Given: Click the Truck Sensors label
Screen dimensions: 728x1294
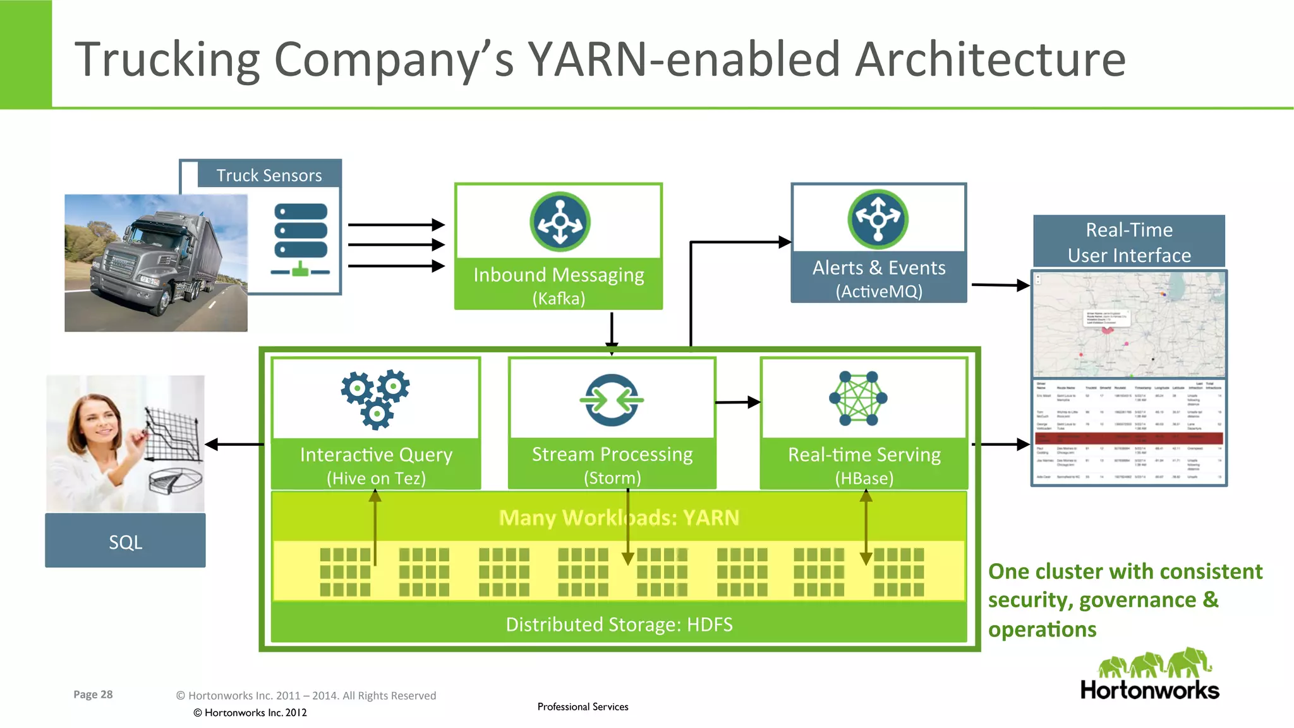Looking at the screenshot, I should [x=269, y=176].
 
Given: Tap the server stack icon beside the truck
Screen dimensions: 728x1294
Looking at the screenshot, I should [x=301, y=239].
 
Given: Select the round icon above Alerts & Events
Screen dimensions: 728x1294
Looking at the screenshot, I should [x=878, y=219].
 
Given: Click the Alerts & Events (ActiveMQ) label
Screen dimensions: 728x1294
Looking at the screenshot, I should [x=879, y=278].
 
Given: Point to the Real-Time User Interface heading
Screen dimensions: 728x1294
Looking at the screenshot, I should [x=1129, y=242].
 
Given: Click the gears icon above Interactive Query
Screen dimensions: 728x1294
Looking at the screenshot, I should [x=376, y=398].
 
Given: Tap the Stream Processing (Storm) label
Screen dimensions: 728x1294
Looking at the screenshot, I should [x=612, y=465].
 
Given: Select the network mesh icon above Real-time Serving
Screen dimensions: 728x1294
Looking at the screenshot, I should [x=858, y=398].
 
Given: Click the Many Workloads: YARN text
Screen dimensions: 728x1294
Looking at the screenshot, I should [x=619, y=518].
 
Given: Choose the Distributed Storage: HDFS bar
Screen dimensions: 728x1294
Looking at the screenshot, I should [x=619, y=624].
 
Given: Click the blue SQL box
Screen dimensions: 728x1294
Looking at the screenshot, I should [x=125, y=542].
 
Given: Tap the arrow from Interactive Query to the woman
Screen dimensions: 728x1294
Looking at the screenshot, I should [x=234, y=445].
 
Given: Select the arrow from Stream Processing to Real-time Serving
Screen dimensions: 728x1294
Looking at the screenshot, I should [x=737, y=402].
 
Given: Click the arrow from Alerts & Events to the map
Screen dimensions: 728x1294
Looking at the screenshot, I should [x=1000, y=285].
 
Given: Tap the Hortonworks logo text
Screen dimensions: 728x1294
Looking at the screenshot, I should [x=1149, y=689].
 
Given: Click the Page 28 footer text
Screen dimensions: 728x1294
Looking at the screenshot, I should [x=93, y=695].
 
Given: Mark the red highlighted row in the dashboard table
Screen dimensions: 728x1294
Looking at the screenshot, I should [x=1129, y=438].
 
